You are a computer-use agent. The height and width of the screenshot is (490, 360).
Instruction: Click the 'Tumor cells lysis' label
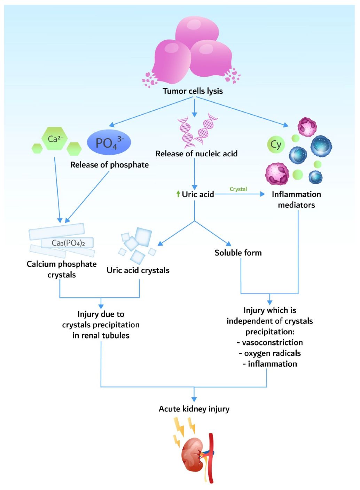(193, 91)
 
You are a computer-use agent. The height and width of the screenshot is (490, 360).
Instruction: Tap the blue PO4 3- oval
(109, 142)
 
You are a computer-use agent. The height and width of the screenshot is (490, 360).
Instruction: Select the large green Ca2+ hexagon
(55, 139)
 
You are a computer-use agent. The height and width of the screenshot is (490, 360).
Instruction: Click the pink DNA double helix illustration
(197, 131)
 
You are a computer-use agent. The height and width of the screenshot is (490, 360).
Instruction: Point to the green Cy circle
(276, 145)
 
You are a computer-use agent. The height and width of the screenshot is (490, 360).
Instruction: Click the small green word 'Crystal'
(238, 189)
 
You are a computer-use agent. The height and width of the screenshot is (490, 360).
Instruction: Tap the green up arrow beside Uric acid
(178, 194)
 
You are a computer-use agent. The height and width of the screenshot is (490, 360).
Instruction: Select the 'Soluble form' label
(238, 253)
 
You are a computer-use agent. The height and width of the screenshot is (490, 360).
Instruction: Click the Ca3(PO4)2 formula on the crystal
(68, 243)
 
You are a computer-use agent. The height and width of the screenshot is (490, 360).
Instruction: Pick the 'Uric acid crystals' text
(138, 270)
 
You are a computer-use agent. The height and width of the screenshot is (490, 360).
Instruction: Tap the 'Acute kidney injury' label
(194, 409)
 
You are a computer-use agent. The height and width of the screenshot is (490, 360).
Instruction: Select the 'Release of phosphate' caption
(109, 165)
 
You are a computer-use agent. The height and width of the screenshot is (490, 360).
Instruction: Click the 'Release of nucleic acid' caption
(196, 154)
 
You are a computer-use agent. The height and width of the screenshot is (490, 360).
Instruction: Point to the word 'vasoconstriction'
(272, 343)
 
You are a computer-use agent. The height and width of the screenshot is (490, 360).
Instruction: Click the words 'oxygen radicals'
(272, 353)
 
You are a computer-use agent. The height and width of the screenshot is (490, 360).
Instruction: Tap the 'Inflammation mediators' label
(296, 200)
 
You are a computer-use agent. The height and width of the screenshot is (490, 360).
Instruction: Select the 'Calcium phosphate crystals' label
(62, 269)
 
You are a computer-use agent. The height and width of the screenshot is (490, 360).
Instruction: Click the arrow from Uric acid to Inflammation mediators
(240, 194)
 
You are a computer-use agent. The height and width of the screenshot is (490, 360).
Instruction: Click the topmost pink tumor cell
(197, 30)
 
